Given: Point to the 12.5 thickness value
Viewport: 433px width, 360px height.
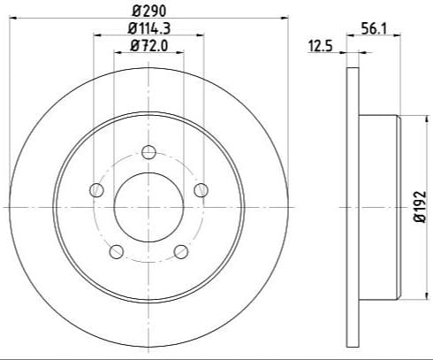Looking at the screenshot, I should click(x=318, y=46).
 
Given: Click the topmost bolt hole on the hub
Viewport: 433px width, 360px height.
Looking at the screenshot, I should click(x=148, y=149).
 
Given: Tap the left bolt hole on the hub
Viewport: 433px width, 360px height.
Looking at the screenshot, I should click(x=95, y=188).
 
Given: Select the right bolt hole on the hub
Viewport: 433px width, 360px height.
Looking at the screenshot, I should click(x=201, y=188).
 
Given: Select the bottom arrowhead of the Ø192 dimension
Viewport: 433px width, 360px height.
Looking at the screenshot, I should click(x=402, y=295).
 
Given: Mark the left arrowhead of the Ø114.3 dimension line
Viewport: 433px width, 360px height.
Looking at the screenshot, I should click(x=95, y=35).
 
